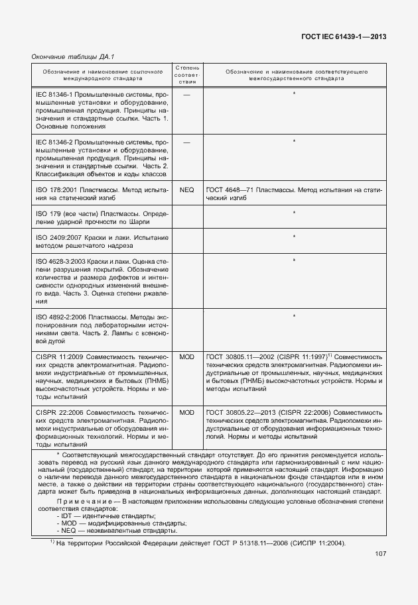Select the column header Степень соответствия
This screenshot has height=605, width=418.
186,74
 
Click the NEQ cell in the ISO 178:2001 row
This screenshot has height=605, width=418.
186,190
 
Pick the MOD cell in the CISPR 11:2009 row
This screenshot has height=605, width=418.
186,356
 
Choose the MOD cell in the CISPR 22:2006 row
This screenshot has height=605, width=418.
186,412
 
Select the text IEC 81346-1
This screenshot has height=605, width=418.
54,94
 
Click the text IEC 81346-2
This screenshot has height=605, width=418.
54,142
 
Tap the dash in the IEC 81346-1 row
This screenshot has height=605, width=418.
186,94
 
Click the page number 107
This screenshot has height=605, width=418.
380,554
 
